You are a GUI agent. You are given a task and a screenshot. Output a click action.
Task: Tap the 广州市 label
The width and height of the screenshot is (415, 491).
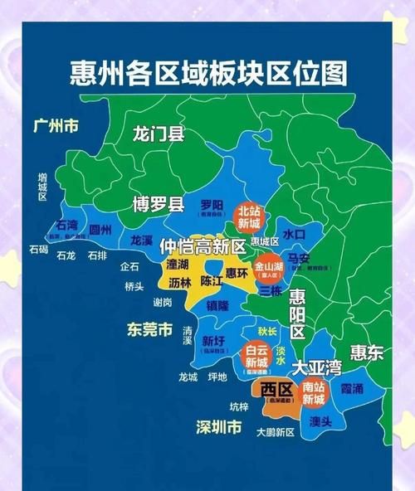56,126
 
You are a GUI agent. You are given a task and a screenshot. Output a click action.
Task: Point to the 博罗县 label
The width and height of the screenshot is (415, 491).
158,204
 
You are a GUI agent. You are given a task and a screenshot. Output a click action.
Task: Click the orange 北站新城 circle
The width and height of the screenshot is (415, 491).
250,217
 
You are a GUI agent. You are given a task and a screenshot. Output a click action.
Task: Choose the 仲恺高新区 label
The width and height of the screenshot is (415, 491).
203,246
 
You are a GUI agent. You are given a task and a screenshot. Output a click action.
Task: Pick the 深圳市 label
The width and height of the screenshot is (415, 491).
219,428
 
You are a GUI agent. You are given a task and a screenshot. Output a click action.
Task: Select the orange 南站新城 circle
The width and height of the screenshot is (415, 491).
313,392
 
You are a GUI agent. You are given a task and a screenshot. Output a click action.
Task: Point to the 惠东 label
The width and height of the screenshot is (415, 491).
366,352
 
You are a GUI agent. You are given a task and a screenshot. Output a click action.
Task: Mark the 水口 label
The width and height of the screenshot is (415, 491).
294,235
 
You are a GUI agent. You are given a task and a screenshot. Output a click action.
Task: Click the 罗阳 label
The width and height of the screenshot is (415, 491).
212,204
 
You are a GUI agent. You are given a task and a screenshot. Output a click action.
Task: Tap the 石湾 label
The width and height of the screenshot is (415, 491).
66,225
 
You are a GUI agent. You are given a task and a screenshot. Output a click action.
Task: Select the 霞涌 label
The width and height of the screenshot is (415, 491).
351,387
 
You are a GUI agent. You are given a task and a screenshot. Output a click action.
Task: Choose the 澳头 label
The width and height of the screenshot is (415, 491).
320,421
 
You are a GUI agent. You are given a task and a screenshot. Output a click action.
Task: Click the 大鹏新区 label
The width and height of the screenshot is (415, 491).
276,432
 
